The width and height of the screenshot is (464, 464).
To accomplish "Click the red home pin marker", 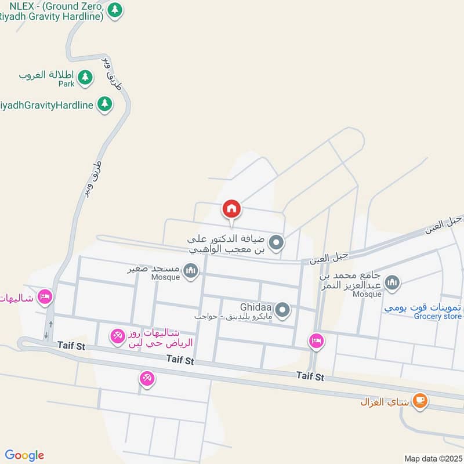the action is pos(231,208).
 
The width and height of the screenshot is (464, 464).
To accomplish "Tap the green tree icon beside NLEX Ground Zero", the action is pos(116,10).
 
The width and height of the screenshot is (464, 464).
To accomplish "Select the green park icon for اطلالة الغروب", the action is pos(85,77).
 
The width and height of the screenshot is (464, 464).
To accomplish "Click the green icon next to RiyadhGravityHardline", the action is pos(104,104).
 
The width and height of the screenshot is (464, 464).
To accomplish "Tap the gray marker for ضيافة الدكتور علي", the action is pos(277,243).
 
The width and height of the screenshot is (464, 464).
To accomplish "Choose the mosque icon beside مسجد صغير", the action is pos(190,270).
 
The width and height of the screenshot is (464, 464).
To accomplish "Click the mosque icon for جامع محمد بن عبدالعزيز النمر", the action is pos(393,282).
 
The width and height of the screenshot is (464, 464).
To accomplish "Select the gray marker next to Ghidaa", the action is pos(282,310).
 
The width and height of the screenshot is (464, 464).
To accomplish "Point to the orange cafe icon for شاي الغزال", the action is pos(419,401).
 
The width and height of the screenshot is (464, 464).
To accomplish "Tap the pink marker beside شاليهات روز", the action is pos(118,336).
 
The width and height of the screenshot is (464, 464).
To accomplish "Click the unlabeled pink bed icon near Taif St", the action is pos(316,340).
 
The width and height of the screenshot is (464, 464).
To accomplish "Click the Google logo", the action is pos(24,455).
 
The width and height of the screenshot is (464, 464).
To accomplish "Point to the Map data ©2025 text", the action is pos(432,458).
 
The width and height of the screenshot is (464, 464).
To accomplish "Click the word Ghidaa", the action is pos(256,306).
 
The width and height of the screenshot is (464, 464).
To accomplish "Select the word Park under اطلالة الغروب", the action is pos(67,84).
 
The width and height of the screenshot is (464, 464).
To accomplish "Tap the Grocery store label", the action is pos(438,316).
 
